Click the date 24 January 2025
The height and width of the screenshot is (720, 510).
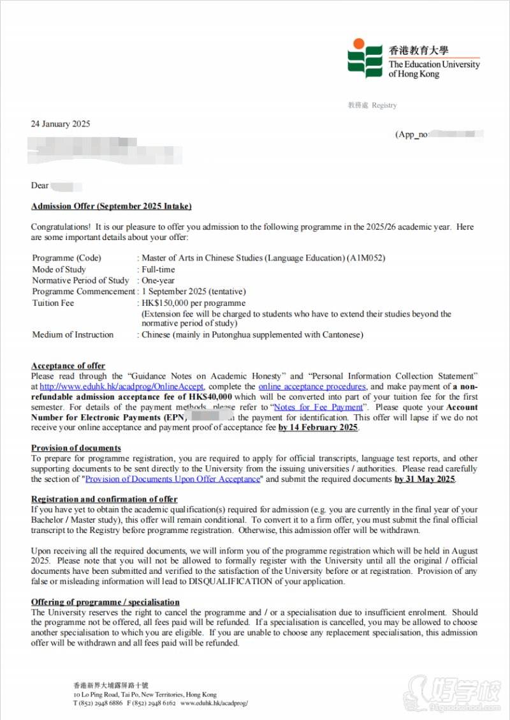(x=61, y=124)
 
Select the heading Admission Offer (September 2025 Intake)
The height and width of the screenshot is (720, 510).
(x=111, y=206)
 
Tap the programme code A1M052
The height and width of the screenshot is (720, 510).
(x=367, y=258)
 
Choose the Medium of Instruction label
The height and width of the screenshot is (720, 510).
(x=73, y=334)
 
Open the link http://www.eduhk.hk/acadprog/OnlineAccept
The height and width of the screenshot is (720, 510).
(x=122, y=387)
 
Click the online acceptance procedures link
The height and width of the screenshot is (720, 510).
(x=312, y=387)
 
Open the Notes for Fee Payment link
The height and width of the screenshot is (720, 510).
(x=317, y=407)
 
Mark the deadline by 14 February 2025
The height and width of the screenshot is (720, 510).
(x=318, y=428)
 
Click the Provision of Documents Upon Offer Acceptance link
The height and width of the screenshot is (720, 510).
(x=173, y=479)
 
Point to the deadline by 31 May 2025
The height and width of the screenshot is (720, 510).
(x=425, y=479)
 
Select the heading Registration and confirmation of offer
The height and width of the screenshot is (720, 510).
(x=105, y=499)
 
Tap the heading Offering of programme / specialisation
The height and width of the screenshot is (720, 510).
(x=105, y=602)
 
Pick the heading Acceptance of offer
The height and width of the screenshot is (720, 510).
(x=68, y=366)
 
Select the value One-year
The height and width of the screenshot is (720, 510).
(x=158, y=280)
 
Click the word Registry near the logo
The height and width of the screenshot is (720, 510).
(x=384, y=105)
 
